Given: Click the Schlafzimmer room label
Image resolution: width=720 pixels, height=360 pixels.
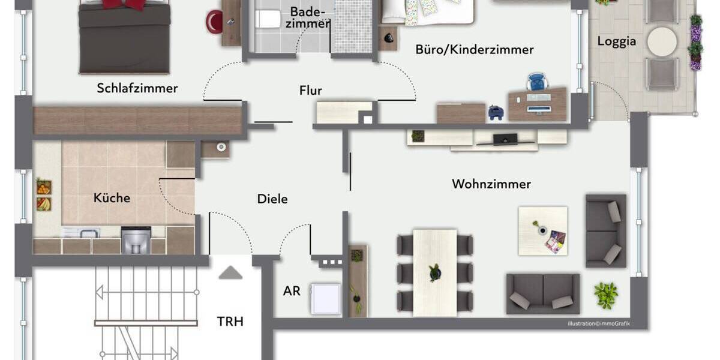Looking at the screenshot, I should pos(137,88).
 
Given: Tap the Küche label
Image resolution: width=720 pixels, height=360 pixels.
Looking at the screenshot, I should pos(112,198).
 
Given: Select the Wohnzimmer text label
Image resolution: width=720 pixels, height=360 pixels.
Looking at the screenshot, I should pos(491,184).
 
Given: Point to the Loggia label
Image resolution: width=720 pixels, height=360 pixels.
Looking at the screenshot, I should pos(616,42).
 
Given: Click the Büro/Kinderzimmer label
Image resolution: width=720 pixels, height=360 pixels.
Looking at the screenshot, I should pos(474,50).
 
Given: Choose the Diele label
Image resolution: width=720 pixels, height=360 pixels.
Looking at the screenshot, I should pos(272,199).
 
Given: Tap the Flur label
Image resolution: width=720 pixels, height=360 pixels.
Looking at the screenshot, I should pos(311,91).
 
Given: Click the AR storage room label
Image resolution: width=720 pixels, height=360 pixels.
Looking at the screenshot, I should pos(292,291).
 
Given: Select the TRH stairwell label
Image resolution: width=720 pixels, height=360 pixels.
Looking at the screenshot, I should pos(230,321).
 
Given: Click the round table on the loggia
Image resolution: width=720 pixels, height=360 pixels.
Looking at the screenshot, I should pos(662,41).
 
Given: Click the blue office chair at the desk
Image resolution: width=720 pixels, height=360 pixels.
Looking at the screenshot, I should pos(536,82).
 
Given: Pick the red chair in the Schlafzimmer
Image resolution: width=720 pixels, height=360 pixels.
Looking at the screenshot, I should pos(214,22).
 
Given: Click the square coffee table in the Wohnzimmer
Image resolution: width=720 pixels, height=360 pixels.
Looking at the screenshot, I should pos(542,231).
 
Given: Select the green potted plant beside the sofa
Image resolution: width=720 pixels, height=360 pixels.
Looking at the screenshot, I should pos(605,295).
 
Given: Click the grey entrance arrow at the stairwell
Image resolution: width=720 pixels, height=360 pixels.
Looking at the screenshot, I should pos(230,273).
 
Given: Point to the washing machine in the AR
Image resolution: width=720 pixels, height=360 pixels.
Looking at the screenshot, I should pos(326,298).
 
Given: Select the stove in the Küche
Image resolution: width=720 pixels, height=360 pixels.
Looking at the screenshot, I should pos(136,240).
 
